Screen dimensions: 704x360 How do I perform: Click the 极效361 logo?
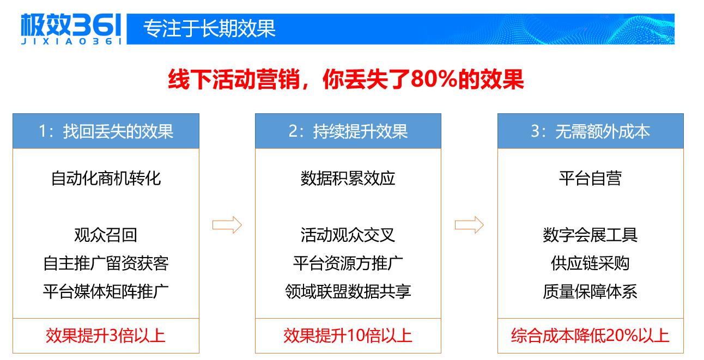coord(71,29)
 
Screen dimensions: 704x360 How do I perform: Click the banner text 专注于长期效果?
coord(209,28)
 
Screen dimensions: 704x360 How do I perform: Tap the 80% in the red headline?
coord(434,79)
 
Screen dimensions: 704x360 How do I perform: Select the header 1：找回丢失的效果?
coord(106,131)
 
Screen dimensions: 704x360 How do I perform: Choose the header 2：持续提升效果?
coord(348,131)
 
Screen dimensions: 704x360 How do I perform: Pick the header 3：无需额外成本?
coord(590,131)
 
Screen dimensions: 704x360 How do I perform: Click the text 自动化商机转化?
coord(106,179)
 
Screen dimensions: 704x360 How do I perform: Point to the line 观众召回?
coord(106,235)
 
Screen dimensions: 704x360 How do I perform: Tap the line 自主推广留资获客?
coord(106,263)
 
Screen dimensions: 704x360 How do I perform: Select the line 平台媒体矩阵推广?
coord(106,291)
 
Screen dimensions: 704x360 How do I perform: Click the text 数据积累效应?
coord(348,179)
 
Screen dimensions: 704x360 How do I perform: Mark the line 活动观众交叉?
coord(348,235)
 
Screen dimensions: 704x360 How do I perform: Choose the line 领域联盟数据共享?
coord(348,291)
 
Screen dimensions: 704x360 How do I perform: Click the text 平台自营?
coord(590,179)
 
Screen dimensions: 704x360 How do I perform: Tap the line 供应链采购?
coord(590,263)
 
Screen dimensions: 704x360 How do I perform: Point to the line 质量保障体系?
coord(590,291)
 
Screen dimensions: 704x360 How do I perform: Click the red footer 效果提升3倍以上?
coord(106,335)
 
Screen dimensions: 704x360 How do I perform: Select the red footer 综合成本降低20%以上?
coord(590,335)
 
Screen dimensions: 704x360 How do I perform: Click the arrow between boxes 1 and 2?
coord(227,225)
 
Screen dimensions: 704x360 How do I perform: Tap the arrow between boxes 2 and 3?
coord(469,225)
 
